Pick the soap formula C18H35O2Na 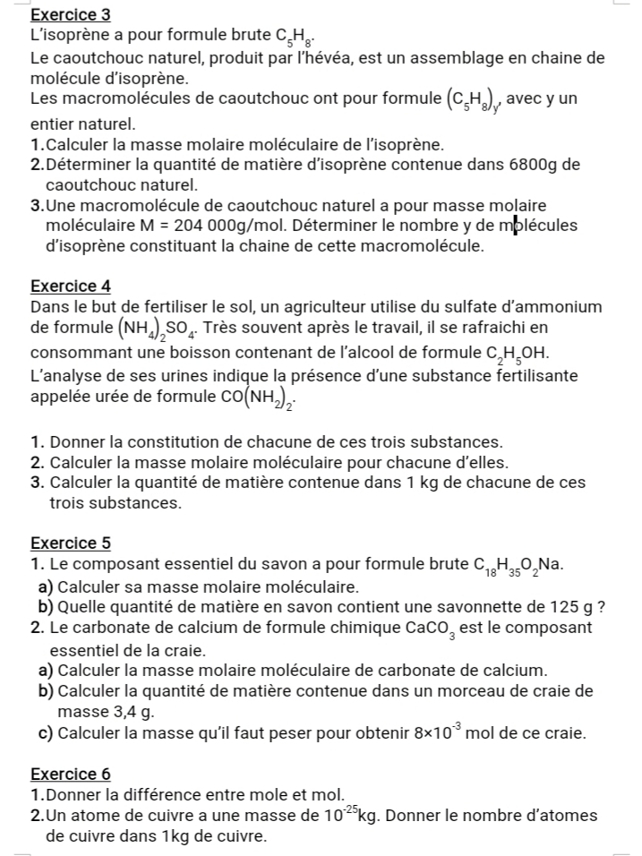pyautogui.click(x=520, y=566)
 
